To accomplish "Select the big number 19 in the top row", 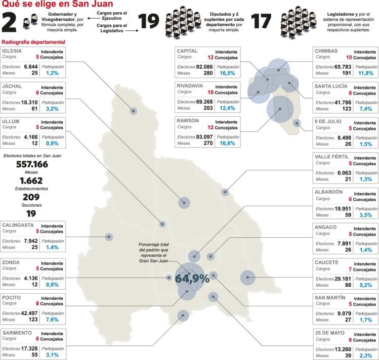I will point(149,21).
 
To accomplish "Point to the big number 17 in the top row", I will point(262,21).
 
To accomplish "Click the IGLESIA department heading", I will point(12,52).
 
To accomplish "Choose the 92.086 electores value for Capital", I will point(204,66).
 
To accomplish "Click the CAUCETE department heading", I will point(327,263).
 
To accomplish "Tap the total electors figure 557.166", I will point(32,164).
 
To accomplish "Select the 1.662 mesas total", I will point(31,181).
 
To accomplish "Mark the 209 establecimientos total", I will point(31,197).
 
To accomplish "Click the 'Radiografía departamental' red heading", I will point(33,41).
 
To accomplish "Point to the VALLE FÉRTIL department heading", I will point(331,157).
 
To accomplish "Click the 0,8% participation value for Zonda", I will point(53,284).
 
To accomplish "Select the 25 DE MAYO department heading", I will point(329,333).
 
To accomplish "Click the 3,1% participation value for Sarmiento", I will point(53,355).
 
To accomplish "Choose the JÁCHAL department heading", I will point(12,86).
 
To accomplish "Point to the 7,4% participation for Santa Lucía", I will point(366,109).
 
